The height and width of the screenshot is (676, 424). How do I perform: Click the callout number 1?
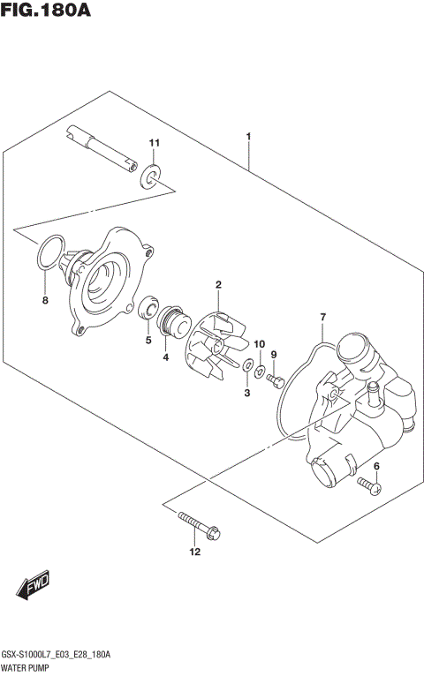coord(249,137)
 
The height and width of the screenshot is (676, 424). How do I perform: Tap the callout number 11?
coord(154,143)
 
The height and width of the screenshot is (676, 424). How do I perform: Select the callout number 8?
coord(45,301)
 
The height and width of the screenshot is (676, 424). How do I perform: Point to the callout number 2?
coord(217,284)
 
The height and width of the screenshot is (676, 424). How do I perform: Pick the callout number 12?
coord(194,552)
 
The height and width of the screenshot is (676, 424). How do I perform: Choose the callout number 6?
coord(376,466)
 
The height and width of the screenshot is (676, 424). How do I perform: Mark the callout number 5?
coord(148,339)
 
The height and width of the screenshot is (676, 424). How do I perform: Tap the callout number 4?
coord(165,357)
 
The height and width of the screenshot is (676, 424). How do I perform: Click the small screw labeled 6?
coord(368,484)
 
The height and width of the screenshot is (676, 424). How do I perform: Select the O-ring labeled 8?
coord(49,252)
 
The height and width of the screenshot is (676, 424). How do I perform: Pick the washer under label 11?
coord(151,178)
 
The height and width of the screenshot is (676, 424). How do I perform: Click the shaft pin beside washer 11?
coord(102,148)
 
